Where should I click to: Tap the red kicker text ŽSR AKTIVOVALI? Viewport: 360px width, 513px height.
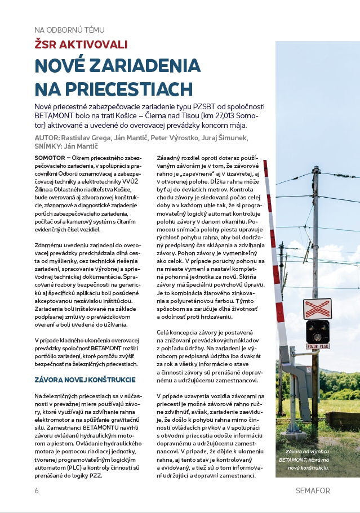81,44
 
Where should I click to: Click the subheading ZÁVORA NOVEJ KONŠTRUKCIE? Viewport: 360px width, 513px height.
85,380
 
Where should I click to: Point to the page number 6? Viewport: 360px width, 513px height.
37,490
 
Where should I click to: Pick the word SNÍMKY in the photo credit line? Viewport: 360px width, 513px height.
50,146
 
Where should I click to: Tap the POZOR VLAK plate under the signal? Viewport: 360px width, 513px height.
317,346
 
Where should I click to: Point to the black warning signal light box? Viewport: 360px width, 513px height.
317,331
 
